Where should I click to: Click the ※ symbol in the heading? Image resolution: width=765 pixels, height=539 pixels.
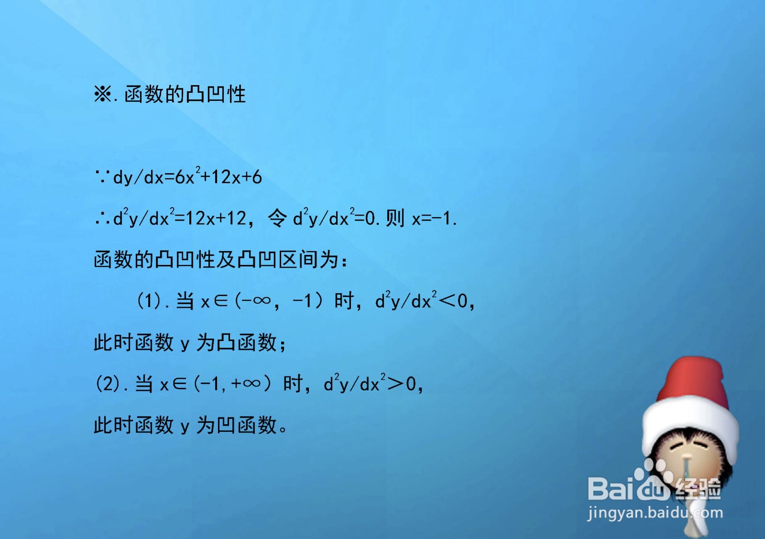point(102,94)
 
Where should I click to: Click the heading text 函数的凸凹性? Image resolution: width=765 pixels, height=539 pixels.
point(185,94)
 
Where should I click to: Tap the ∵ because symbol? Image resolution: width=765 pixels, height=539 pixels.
point(102,177)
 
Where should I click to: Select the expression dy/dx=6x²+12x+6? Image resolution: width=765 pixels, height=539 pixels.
point(187,177)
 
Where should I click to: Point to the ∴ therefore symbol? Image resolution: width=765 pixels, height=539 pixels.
point(102,219)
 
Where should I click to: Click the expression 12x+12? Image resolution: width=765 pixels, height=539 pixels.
point(216,219)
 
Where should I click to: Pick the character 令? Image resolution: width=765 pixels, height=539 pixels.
point(277,218)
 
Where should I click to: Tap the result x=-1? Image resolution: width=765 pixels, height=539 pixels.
point(434,219)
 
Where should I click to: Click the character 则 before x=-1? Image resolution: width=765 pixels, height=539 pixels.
point(395,218)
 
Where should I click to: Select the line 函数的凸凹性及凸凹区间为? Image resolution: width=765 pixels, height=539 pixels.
point(220,260)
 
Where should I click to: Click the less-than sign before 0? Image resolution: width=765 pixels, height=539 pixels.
point(448,301)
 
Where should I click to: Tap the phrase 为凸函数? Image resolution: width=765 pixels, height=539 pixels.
point(237,342)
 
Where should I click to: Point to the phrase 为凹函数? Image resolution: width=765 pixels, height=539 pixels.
point(237,425)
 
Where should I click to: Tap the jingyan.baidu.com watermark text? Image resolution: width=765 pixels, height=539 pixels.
point(655,513)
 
